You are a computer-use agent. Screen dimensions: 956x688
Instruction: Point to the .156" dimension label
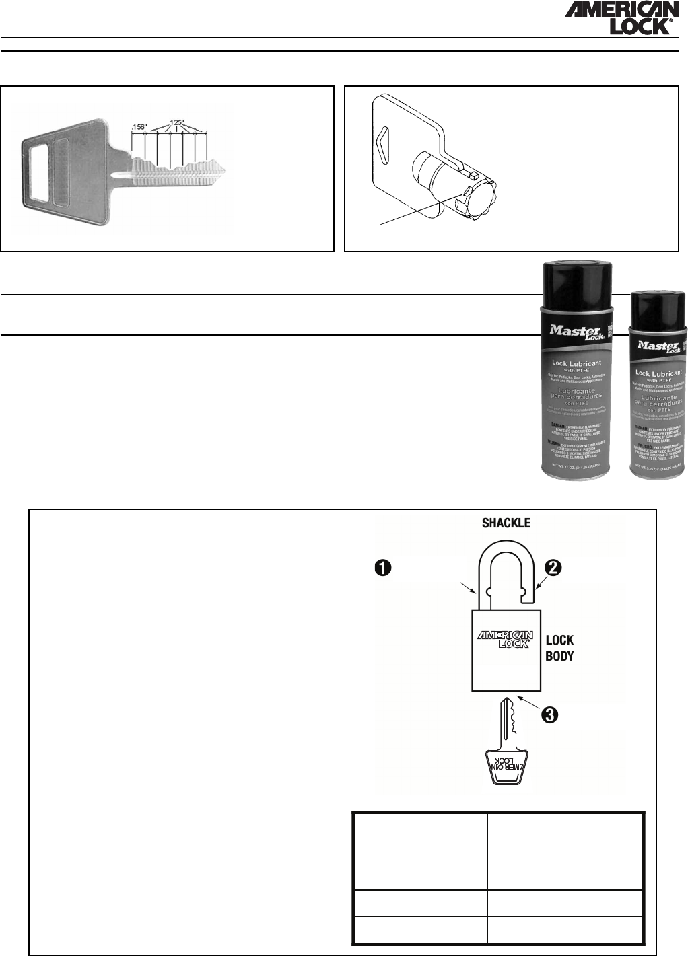[x=140, y=126]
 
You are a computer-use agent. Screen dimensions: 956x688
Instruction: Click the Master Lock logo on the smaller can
[x=652, y=346]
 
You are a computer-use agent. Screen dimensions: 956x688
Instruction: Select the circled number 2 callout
[x=553, y=567]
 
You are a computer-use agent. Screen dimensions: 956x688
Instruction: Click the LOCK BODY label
[x=559, y=648]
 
